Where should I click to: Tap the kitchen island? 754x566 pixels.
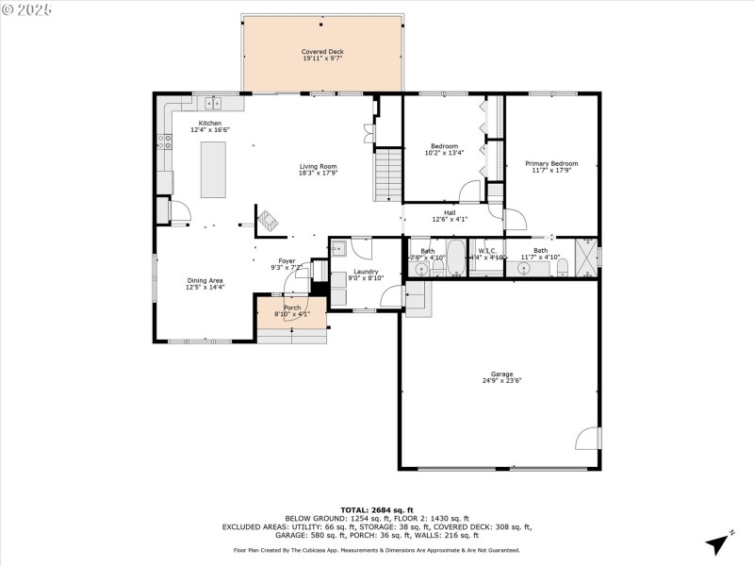click(x=214, y=169)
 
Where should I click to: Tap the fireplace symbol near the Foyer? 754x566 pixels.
click(x=268, y=220)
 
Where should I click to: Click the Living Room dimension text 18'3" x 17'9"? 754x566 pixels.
click(x=318, y=173)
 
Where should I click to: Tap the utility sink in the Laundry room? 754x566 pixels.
click(x=339, y=249)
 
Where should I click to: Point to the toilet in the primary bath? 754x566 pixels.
click(x=563, y=268)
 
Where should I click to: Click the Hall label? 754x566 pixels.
click(x=451, y=213)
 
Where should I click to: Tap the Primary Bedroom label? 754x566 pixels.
click(x=551, y=163)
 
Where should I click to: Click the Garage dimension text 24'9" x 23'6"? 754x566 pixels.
click(x=501, y=380)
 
